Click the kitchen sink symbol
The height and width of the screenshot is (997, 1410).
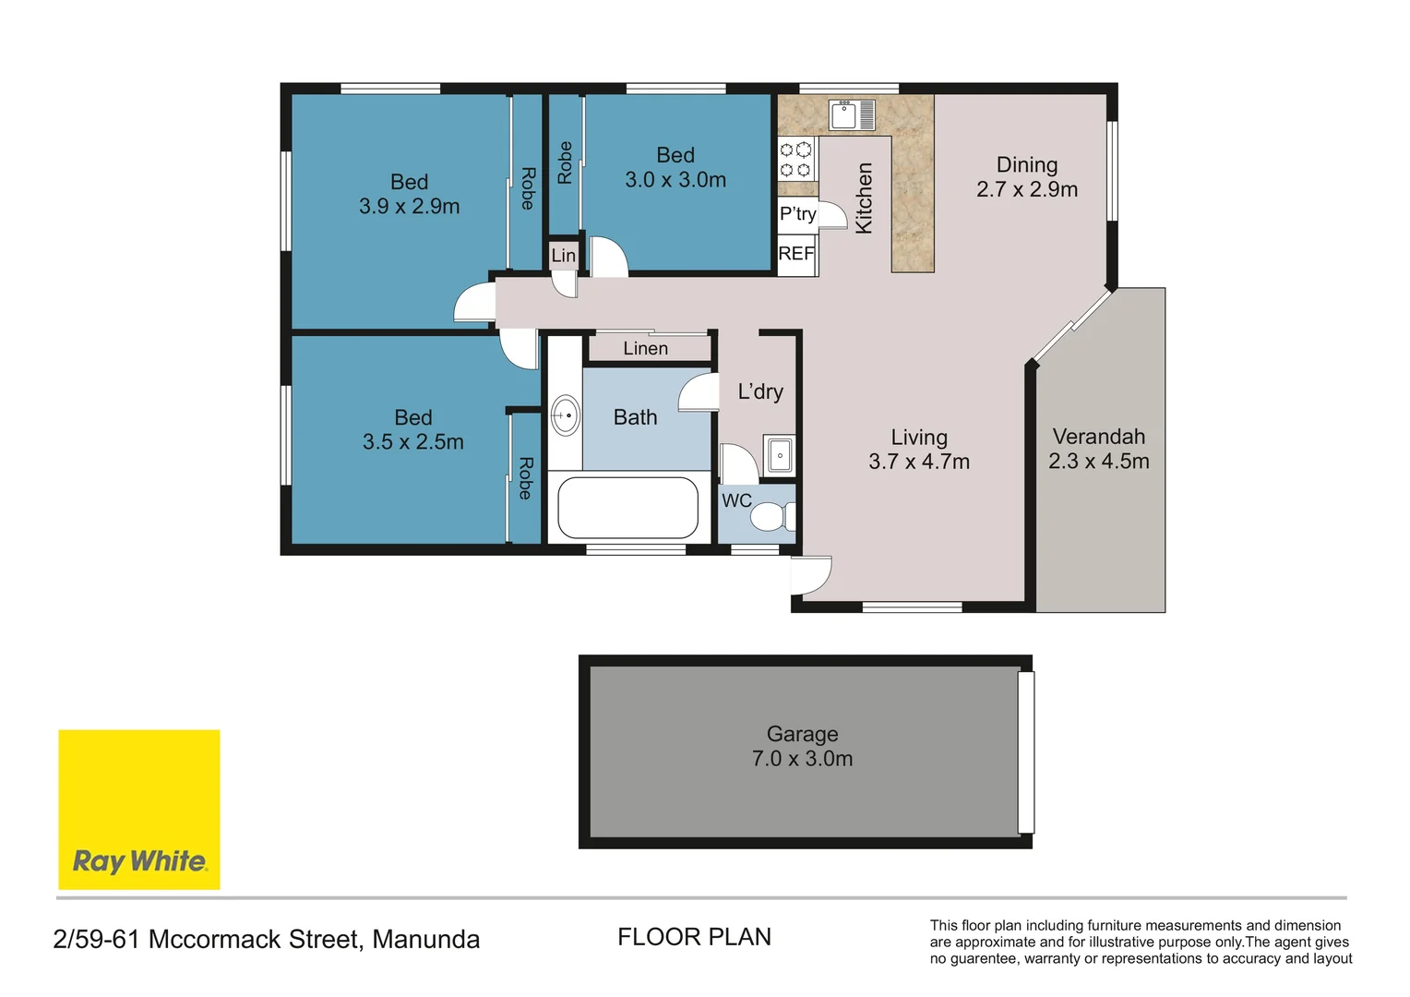pos(852,114)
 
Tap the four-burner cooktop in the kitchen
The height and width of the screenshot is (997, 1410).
pos(795,159)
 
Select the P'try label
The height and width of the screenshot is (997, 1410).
pos(797,214)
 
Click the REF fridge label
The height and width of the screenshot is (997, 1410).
pos(796,253)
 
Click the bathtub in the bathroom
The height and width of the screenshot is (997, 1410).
pos(627,507)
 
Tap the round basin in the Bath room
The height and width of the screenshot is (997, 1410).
pos(565,415)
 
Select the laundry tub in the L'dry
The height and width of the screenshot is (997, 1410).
pos(780,455)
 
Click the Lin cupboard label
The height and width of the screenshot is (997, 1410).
pos(563,256)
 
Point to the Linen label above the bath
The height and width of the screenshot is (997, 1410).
pos(645,348)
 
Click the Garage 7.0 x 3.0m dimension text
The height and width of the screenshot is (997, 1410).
pos(802,759)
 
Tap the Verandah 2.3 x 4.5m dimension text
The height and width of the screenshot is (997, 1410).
pos(1098,462)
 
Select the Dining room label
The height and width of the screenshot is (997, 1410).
pos(1026,165)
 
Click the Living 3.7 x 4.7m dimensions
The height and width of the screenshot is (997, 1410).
pos(918,462)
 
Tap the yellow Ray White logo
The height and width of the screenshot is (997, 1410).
pos(139,810)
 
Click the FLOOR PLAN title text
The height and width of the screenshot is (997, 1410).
pos(694,937)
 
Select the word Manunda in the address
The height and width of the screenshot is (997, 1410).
pos(425,940)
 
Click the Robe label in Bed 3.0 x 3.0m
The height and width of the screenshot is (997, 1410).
pos(565,162)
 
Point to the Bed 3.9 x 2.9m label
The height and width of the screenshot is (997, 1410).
pos(409,194)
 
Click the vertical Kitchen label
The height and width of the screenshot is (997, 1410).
pos(864,198)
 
